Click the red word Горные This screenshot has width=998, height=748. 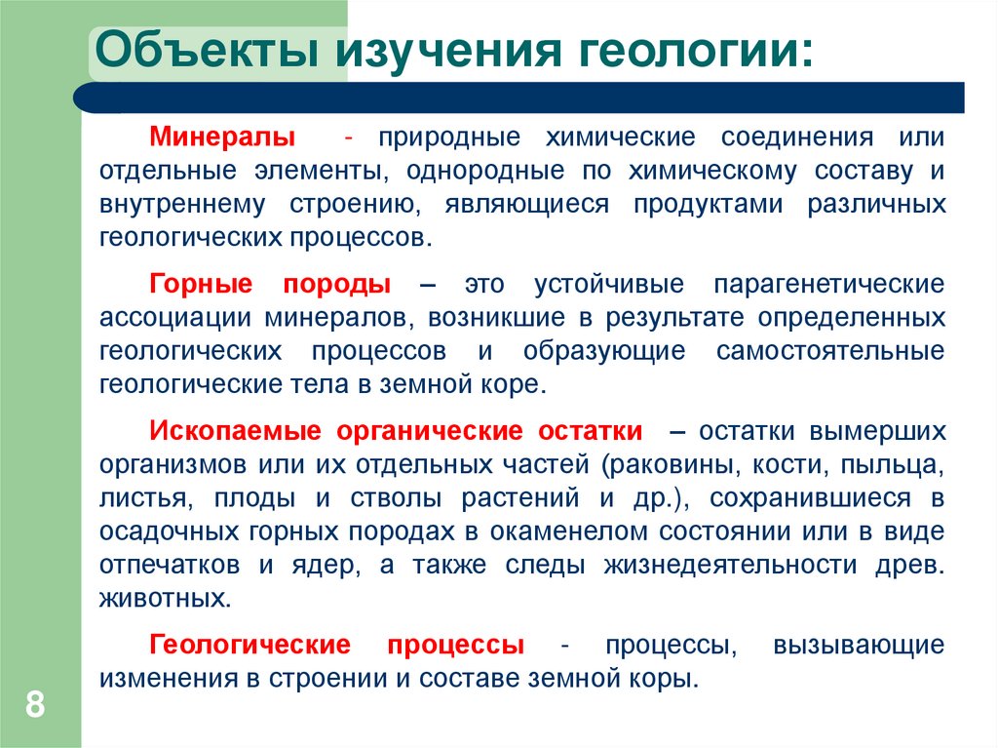(x=202, y=285)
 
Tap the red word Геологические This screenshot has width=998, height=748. (x=250, y=645)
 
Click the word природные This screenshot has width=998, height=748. (x=451, y=137)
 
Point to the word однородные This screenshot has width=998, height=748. (x=480, y=171)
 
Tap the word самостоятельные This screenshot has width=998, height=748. (x=830, y=350)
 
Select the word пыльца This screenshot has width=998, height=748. (x=901, y=464)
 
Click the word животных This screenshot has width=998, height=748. (x=165, y=598)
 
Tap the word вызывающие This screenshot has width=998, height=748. (x=858, y=645)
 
